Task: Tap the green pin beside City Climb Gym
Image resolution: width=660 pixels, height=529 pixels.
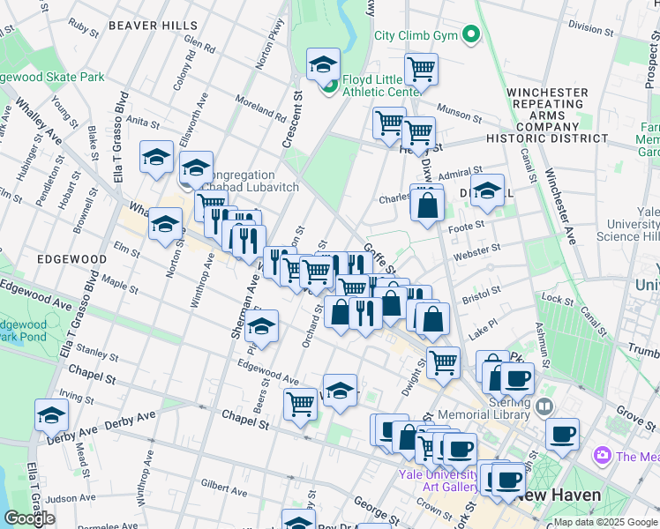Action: click(472, 36)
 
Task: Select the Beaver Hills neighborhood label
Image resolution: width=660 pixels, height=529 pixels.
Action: click(146, 26)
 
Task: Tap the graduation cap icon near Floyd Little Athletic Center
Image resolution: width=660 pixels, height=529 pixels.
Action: click(323, 64)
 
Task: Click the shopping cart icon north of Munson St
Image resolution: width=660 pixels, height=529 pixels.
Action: click(422, 69)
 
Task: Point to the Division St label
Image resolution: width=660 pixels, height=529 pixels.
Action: click(590, 26)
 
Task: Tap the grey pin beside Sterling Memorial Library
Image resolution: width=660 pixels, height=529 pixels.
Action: click(544, 406)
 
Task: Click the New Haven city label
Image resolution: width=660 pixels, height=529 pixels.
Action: click(559, 495)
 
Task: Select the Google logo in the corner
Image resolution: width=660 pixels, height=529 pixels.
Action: click(29, 518)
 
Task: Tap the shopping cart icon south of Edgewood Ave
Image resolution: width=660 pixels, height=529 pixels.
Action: click(300, 404)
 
